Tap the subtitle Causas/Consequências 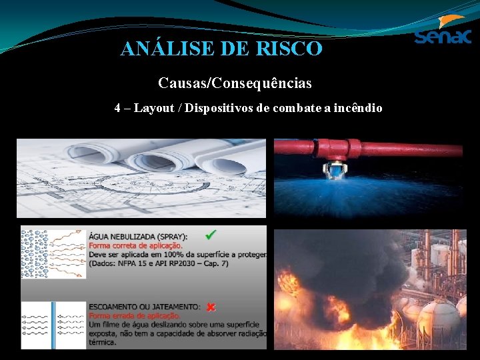tap(235, 83)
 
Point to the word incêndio tap(359, 107)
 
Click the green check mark tap(211, 235)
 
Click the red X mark tap(210, 307)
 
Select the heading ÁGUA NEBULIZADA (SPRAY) tap(138, 236)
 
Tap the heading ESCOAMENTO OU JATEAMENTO tap(143, 307)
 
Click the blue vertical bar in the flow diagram tap(55, 324)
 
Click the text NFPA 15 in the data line tap(132, 263)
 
